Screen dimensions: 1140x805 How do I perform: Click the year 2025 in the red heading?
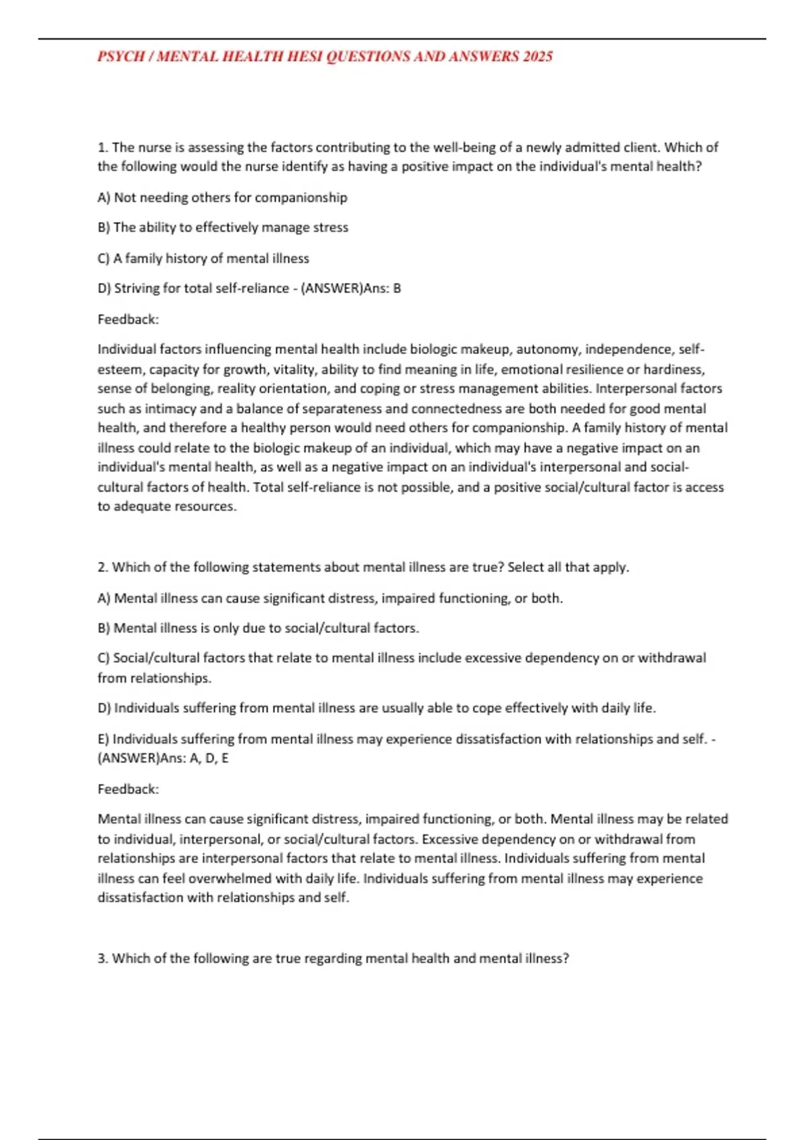point(537,56)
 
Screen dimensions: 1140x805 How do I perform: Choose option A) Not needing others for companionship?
point(222,197)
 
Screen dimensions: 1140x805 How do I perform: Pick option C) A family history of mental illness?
point(203,258)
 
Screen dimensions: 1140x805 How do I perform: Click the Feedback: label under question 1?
point(128,319)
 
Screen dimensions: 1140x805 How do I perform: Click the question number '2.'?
point(103,567)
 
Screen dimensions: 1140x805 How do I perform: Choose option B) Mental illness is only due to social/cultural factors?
point(258,628)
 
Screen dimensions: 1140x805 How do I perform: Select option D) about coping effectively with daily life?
point(376,708)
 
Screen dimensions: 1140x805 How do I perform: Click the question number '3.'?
point(103,959)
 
